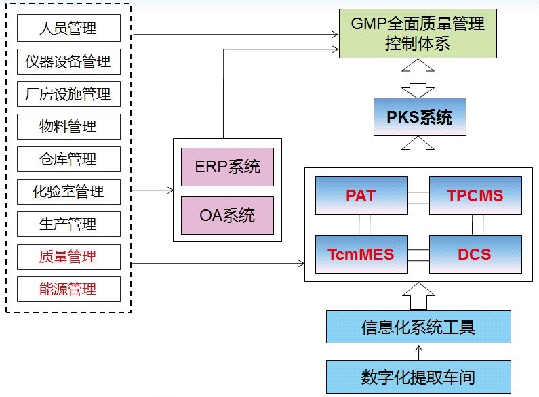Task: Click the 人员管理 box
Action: point(68,28)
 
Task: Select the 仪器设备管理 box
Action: point(68,62)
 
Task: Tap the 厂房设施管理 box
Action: point(68,94)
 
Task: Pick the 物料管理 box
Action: point(68,127)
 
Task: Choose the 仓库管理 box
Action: point(68,159)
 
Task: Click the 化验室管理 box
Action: point(68,192)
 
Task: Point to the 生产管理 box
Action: point(68,224)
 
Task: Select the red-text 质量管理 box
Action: point(68,257)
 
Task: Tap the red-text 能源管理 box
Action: point(68,289)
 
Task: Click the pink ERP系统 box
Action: point(227,167)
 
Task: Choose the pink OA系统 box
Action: point(227,215)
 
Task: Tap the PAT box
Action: point(360,196)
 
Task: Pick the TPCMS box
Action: point(475,196)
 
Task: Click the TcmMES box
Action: point(360,255)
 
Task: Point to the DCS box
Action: point(475,255)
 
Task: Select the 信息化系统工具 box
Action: point(418,328)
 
